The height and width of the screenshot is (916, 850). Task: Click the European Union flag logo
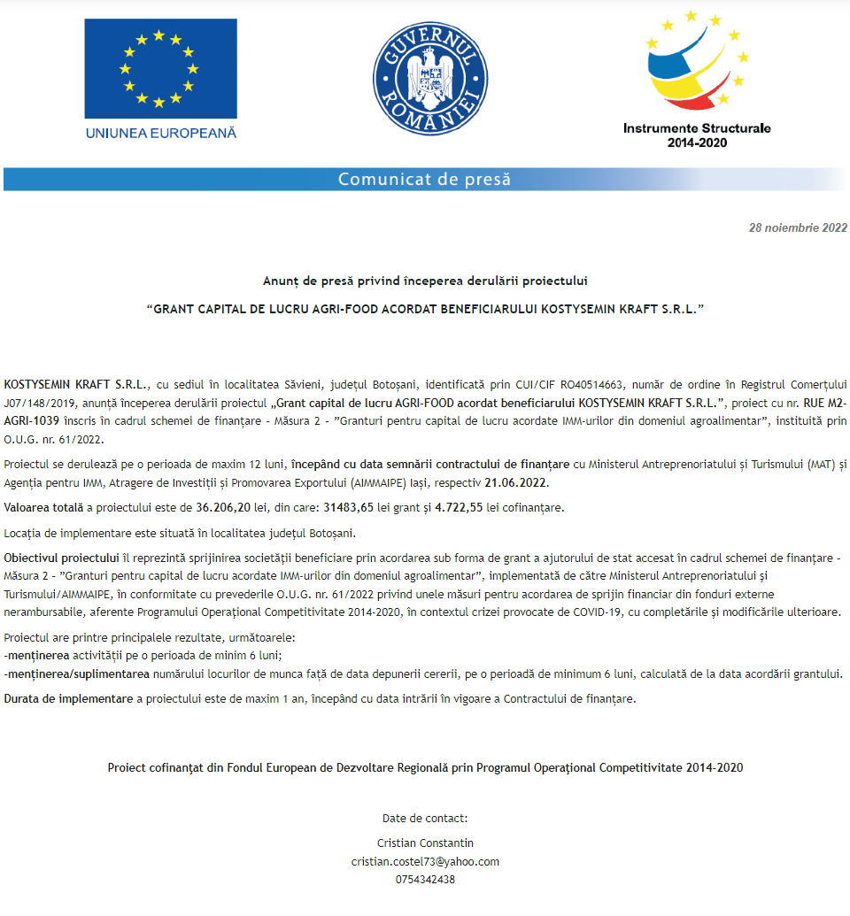pos(160,68)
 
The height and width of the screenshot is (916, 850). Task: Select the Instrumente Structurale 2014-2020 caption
pos(697,135)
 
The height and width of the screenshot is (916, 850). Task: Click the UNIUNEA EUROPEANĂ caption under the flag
pos(161,133)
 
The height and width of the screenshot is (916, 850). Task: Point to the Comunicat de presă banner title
pos(424,180)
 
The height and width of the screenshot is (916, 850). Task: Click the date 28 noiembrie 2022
pos(798,227)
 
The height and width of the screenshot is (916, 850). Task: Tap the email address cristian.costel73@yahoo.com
pos(425,861)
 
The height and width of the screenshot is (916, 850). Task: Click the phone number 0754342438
pos(425,879)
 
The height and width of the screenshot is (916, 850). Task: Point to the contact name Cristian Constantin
pos(425,843)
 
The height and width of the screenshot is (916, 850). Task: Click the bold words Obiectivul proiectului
pos(61,558)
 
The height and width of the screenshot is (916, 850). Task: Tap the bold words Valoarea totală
pos(43,508)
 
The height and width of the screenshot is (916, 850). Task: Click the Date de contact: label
pos(425,818)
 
